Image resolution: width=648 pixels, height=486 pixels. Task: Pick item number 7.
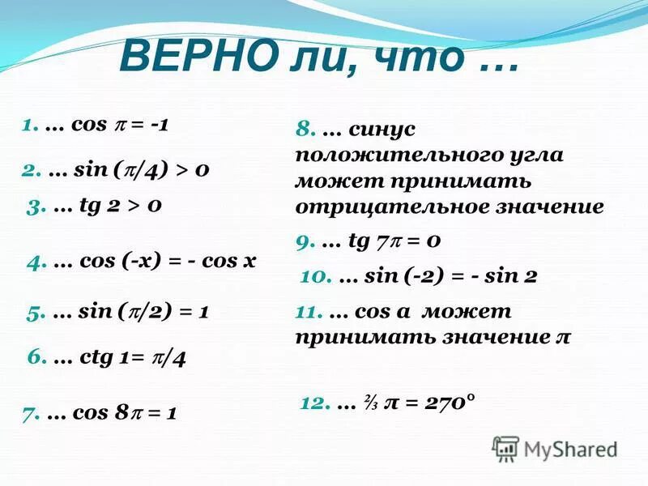31,413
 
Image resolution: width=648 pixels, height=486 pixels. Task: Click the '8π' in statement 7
123,413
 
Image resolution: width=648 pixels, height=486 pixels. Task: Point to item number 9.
305,241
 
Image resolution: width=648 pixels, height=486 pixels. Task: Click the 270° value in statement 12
445,403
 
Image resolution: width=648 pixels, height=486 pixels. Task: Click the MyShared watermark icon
505,448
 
